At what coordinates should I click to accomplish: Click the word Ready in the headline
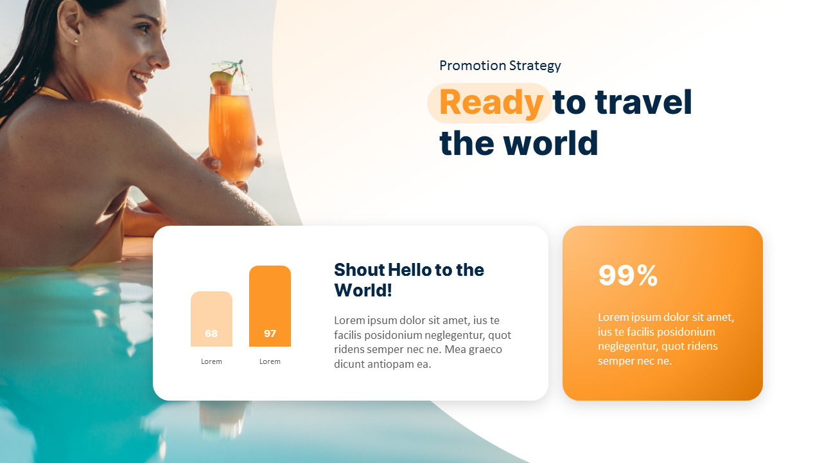pyautogui.click(x=491, y=103)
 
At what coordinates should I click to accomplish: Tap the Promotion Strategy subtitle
pyautogui.click(x=500, y=66)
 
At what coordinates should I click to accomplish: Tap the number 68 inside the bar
pyautogui.click(x=211, y=334)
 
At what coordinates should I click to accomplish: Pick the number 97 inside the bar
pyautogui.click(x=270, y=334)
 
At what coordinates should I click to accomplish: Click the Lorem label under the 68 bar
pyautogui.click(x=211, y=361)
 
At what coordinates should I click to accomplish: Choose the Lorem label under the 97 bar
pyautogui.click(x=270, y=361)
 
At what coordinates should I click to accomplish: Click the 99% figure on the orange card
pyautogui.click(x=627, y=275)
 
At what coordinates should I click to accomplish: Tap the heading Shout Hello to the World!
pyautogui.click(x=408, y=280)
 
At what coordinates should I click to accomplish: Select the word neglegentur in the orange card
pyautogui.click(x=627, y=347)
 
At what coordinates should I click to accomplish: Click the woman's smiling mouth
pyautogui.click(x=141, y=78)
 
